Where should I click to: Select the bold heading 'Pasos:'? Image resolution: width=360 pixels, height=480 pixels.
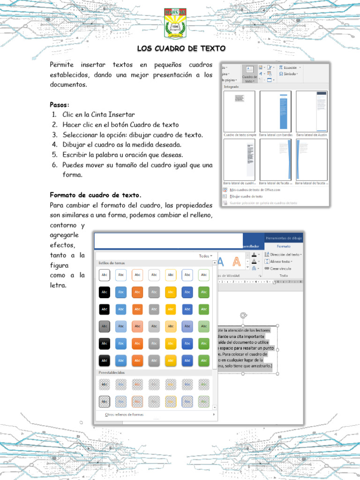point(60,105)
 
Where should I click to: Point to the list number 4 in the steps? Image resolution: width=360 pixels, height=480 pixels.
point(54,144)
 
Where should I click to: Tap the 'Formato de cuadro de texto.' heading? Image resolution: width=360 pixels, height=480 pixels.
point(96,195)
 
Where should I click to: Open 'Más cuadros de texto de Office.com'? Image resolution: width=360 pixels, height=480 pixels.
point(255,190)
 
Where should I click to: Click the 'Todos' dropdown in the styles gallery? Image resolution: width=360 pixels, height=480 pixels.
point(205,256)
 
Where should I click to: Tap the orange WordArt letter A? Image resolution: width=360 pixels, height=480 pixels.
point(237,262)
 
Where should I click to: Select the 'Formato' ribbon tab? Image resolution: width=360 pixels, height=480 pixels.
point(284,246)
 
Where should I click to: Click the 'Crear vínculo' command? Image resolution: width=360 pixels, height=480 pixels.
point(280,269)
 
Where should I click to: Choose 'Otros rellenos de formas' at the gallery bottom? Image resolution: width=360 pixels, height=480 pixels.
point(124,415)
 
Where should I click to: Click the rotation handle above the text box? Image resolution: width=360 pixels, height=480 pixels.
point(243,315)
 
